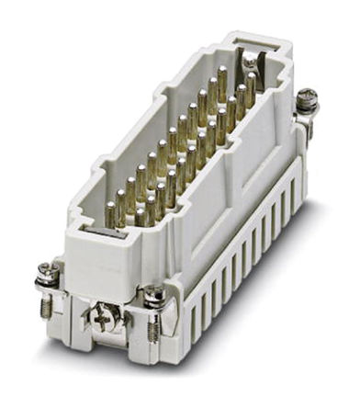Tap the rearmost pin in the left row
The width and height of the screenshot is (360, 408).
[221, 77]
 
